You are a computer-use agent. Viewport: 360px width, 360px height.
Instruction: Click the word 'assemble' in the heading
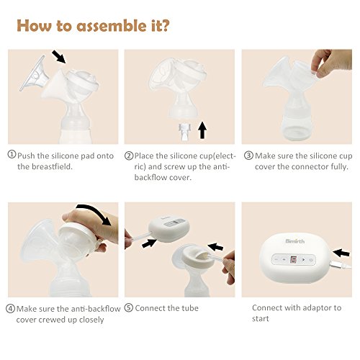pyautogui.click(x=111, y=26)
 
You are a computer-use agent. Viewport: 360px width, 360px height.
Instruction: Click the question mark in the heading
pyautogui.click(x=165, y=25)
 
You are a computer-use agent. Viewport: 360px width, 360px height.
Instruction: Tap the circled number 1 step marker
pyautogui.click(x=12, y=154)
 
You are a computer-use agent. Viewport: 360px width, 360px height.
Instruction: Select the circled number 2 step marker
pyautogui.click(x=129, y=156)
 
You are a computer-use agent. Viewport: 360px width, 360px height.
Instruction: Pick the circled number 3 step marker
pyautogui.click(x=248, y=156)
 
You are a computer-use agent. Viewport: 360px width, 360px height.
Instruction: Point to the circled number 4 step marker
pyautogui.click(x=10, y=309)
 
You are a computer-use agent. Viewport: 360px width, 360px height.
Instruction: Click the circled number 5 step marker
pyautogui.click(x=129, y=308)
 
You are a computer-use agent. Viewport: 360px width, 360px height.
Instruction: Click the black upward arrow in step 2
pyautogui.click(x=202, y=130)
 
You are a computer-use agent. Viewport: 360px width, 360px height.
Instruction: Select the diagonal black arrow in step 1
pyautogui.click(x=59, y=57)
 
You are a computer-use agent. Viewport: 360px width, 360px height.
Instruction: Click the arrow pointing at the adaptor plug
pyautogui.click(x=341, y=253)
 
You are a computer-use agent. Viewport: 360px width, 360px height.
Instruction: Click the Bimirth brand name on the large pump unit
pyautogui.click(x=295, y=241)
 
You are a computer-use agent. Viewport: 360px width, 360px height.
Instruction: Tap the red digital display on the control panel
pyautogui.click(x=293, y=259)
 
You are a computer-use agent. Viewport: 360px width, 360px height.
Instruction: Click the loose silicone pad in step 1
pyautogui.click(x=34, y=74)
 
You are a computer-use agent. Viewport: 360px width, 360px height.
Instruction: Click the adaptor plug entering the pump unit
pyautogui.click(x=340, y=265)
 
